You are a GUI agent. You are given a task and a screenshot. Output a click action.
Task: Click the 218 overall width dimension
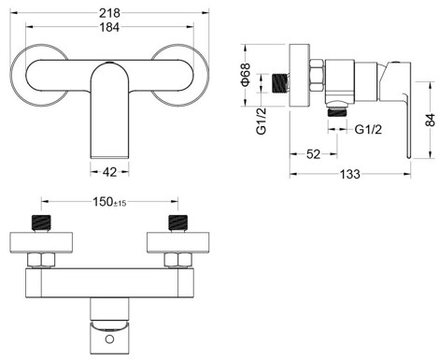coord(109,13)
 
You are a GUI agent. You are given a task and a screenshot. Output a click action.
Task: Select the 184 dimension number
coord(109,27)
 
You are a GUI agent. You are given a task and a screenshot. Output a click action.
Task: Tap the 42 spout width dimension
coord(109,172)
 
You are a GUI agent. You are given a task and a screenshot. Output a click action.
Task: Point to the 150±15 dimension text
coord(109,202)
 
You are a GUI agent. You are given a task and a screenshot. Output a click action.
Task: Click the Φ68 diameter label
coord(246,75)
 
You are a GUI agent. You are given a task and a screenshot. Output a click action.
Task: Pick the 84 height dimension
coord(431,120)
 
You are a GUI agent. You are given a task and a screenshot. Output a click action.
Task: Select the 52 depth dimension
coord(313,154)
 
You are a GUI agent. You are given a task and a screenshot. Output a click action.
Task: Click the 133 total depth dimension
coord(350,174)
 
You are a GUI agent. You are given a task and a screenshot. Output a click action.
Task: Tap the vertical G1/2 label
coord(262,122)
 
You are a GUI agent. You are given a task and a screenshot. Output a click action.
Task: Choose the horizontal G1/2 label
coord(368,129)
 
